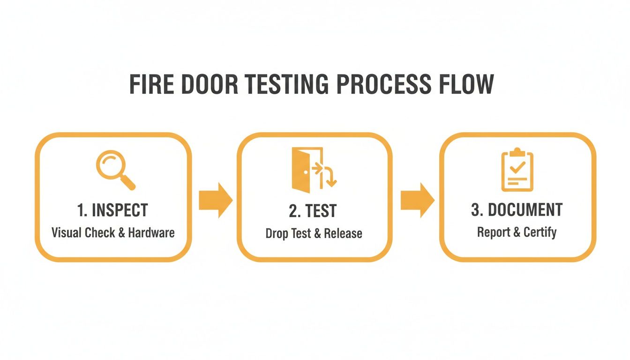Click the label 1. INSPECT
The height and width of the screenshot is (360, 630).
(x=112, y=210)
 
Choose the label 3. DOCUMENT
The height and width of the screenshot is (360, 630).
(x=517, y=210)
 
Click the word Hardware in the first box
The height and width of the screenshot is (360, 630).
(x=151, y=232)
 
